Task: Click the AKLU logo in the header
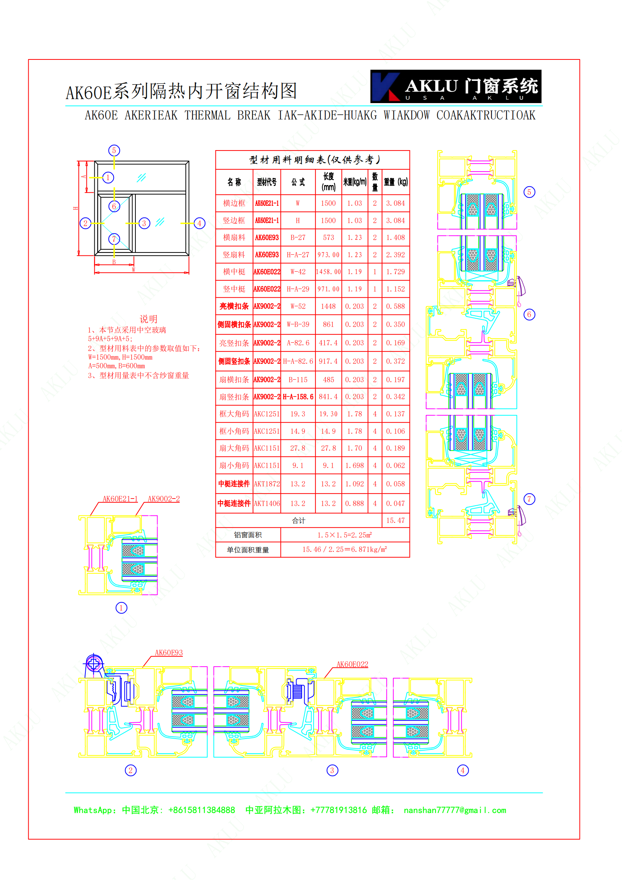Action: [456, 86]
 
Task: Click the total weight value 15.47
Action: [395, 520]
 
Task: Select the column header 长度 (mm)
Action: [328, 182]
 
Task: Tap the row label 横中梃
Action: [234, 272]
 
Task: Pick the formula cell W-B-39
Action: [298, 324]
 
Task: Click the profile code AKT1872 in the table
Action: [267, 484]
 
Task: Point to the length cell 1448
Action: [328, 306]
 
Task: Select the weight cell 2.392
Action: [395, 254]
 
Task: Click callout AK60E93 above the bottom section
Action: [168, 653]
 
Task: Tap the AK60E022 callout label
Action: [352, 664]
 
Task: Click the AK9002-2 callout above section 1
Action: [164, 499]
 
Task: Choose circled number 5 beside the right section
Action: [529, 192]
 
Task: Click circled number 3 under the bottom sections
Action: [332, 771]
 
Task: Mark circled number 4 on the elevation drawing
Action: [199, 223]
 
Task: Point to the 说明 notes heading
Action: [148, 319]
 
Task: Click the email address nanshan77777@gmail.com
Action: [455, 810]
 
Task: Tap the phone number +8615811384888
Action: [202, 810]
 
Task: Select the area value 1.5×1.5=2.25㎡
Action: [344, 535]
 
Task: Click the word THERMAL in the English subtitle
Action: [207, 116]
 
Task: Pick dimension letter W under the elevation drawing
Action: [133, 269]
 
